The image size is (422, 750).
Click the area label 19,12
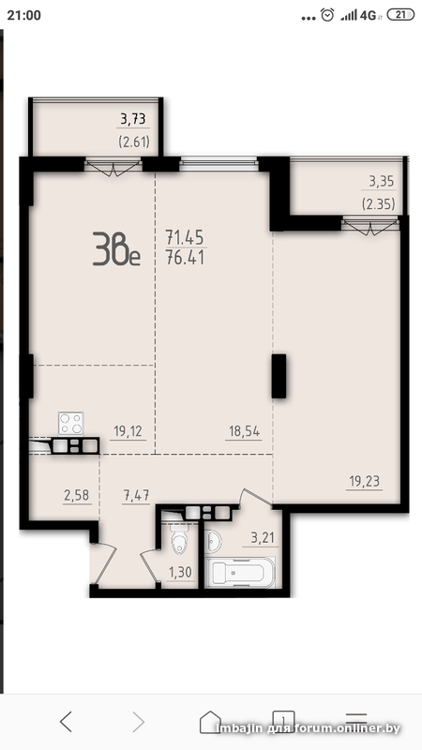tap(128, 432)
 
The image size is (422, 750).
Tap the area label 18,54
tap(243, 432)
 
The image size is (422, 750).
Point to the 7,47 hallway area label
tap(136, 496)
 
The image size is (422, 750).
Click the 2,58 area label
tap(76, 496)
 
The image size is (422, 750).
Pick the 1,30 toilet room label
tap(180, 573)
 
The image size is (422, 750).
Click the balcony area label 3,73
tap(132, 119)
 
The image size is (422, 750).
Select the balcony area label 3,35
tap(381, 182)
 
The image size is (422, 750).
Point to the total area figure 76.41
tap(185, 259)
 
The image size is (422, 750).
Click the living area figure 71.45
tap(185, 237)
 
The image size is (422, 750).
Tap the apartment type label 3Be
tap(116, 248)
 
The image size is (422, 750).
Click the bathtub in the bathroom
tap(240, 572)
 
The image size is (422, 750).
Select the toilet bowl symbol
tap(179, 542)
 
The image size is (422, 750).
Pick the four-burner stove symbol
tap(71, 424)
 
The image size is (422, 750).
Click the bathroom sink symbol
tap(214, 541)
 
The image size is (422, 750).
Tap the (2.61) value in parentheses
tap(134, 142)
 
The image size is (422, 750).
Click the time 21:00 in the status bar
tap(24, 15)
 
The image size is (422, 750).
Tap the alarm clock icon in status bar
tap(327, 15)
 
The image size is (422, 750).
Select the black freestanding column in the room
tap(279, 376)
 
